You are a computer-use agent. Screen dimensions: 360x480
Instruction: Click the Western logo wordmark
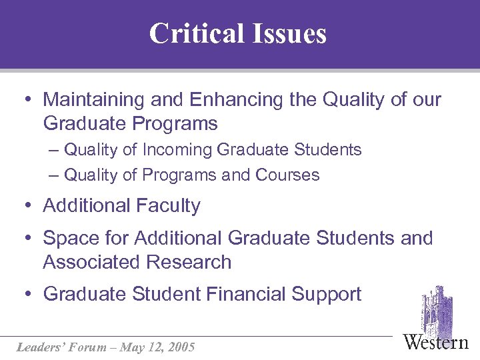(436, 342)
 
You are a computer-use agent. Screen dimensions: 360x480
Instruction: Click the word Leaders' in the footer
(39, 347)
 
